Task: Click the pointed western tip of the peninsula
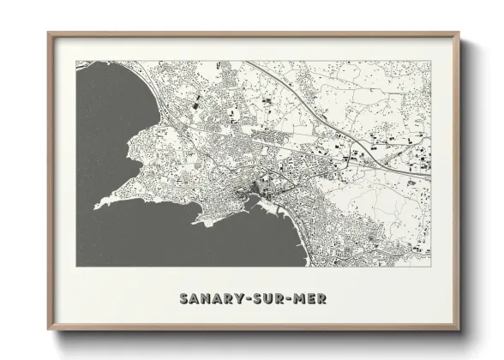[x=97, y=204]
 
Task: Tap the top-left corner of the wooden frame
[x=48, y=33]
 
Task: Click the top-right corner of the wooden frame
[x=459, y=33]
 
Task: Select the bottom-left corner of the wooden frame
[x=48, y=331]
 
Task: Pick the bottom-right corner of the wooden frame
[x=459, y=331]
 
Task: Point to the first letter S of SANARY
[x=184, y=299]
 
